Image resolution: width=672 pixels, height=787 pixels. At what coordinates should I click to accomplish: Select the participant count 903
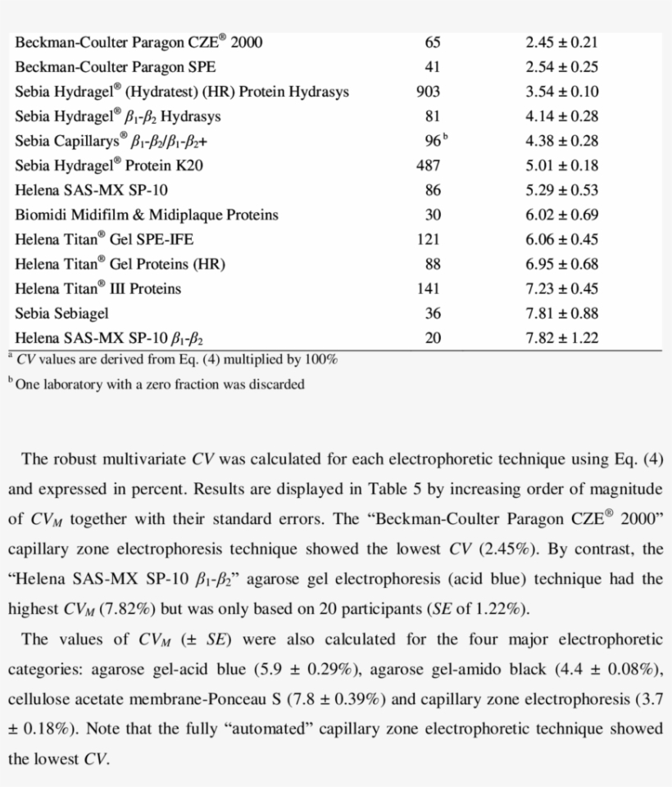[428, 92]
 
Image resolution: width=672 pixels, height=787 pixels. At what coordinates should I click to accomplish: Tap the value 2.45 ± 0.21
[561, 43]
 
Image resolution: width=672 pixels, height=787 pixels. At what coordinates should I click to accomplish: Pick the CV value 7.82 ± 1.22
[561, 337]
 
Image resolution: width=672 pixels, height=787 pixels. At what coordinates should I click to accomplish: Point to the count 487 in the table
[428, 165]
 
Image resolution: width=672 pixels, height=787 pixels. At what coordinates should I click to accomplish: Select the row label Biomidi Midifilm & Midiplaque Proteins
[147, 215]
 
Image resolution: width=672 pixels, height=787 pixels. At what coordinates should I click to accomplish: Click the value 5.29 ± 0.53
[561, 190]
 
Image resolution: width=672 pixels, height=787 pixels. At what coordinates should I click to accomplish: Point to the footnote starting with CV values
[175, 360]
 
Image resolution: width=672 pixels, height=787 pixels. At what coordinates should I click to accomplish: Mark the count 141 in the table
[428, 288]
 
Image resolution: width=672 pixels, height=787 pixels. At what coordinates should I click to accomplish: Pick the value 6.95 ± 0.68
[561, 264]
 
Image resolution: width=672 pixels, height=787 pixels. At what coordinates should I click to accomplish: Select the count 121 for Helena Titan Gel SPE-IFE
[428, 239]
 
